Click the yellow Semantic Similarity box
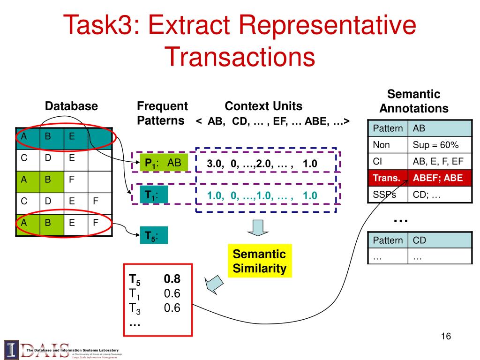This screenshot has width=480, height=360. (259, 261)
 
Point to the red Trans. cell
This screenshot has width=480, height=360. (387, 178)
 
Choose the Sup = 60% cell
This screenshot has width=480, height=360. (440, 145)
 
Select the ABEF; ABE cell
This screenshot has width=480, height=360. (440, 178)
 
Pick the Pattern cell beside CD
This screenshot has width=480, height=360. (387, 240)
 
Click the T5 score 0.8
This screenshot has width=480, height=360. (172, 279)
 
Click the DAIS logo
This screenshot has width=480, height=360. (37, 349)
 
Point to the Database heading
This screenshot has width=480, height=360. (71, 106)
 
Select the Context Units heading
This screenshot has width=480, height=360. (263, 106)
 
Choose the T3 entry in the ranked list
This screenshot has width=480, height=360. (135, 308)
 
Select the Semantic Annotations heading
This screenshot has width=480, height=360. (414, 101)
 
